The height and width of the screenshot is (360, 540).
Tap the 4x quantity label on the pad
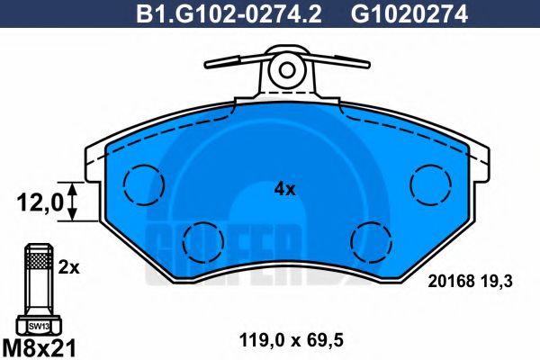pos(284,189)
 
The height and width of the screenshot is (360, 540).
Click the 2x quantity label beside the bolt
pos(68,267)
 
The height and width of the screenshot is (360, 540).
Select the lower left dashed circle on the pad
pos(201,240)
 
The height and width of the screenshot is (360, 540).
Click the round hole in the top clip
pos(287,67)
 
